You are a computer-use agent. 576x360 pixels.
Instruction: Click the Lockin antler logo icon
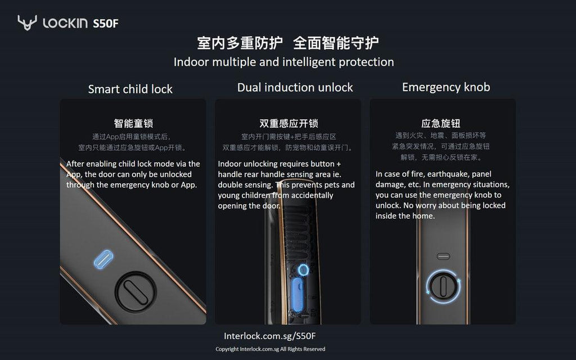coord(27,22)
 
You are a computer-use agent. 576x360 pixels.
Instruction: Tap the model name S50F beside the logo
coord(106,23)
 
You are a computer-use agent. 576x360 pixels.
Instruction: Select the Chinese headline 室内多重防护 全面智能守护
coord(287,43)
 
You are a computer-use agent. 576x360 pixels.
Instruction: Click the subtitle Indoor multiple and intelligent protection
coord(283,62)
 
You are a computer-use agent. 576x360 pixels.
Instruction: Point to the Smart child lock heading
coord(130,89)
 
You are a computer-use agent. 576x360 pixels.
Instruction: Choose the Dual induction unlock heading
coord(295,87)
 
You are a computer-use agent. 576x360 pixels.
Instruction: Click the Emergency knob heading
coord(445,87)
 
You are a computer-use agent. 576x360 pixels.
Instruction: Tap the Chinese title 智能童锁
coord(133,123)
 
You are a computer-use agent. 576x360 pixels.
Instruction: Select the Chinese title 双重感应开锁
coord(288,124)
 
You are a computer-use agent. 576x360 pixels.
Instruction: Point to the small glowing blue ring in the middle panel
coord(303,270)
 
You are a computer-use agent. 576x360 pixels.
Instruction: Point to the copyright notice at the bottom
coord(270,349)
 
